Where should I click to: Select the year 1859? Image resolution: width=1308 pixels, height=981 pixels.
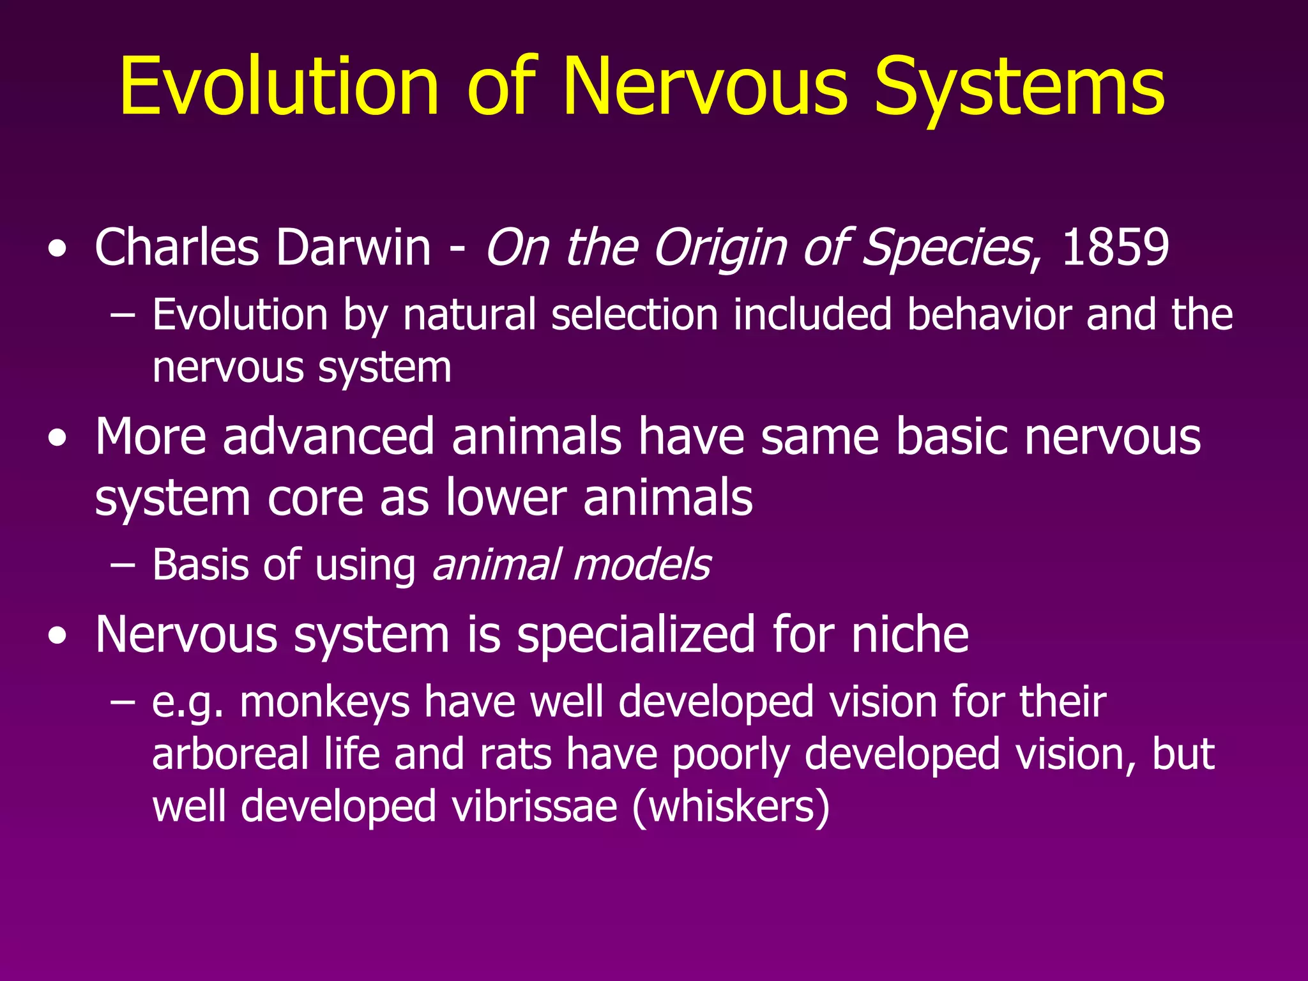pyautogui.click(x=1115, y=248)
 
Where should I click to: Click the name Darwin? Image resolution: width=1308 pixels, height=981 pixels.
pyautogui.click(x=354, y=248)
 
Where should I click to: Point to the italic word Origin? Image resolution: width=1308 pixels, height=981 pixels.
pyautogui.click(x=720, y=248)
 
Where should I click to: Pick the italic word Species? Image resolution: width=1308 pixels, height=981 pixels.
pyautogui.click(x=946, y=248)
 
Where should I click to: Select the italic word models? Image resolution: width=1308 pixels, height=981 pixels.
pyautogui.click(x=642, y=565)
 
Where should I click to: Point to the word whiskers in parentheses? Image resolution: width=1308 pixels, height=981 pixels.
pyautogui.click(x=732, y=806)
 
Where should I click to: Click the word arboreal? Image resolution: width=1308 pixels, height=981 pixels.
pyautogui.click(x=231, y=754)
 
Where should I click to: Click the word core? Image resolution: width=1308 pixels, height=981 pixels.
pyautogui.click(x=316, y=498)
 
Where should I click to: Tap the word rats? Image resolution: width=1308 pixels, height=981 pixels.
pyautogui.click(x=516, y=754)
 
